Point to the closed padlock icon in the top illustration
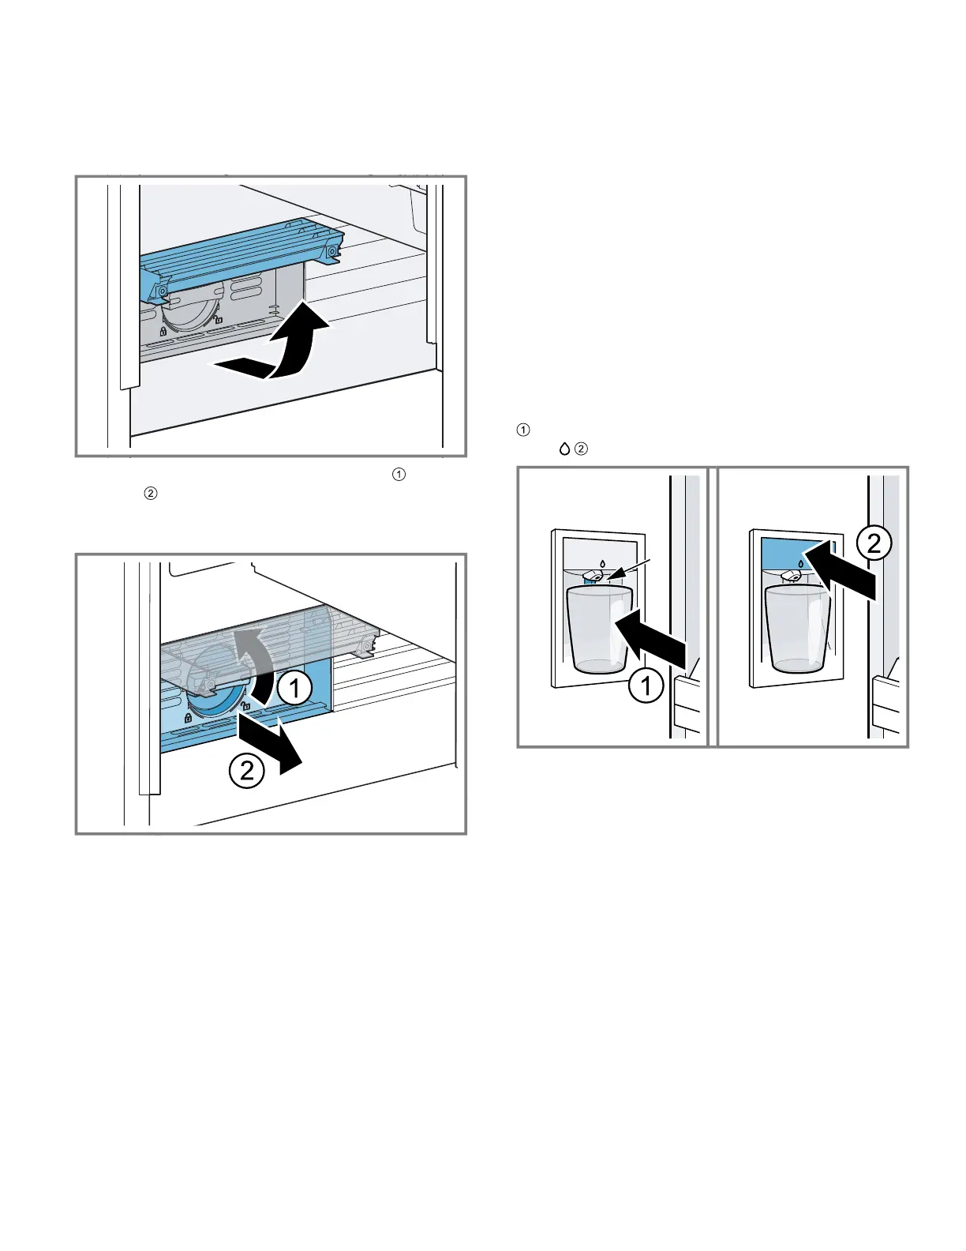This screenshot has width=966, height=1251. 162,331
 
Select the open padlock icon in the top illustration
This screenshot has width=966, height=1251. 219,320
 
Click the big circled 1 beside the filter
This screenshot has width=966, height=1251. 294,689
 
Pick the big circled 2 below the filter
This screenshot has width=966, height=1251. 246,769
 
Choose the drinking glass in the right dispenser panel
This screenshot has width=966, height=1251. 797,629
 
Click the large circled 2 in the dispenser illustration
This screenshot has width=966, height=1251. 874,544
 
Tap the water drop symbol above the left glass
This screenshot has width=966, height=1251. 602,564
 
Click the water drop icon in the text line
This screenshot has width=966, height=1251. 564,449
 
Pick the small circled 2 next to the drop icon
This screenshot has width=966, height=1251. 581,449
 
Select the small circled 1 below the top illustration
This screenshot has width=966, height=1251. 399,474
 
